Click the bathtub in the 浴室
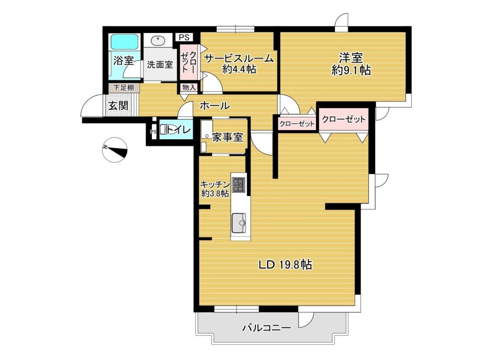(124, 42)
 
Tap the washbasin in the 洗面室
(157, 41)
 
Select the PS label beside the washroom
(184, 37)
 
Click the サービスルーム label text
(239, 59)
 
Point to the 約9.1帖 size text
(351, 70)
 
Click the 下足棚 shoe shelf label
(123, 87)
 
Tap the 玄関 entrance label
(118, 106)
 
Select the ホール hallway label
(215, 106)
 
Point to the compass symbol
(115, 149)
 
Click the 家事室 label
(227, 138)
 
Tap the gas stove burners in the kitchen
(238, 185)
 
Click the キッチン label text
(215, 184)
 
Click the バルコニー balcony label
(267, 328)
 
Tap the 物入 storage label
(189, 87)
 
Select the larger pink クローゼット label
(343, 119)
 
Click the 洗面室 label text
(160, 64)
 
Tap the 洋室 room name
(351, 58)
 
